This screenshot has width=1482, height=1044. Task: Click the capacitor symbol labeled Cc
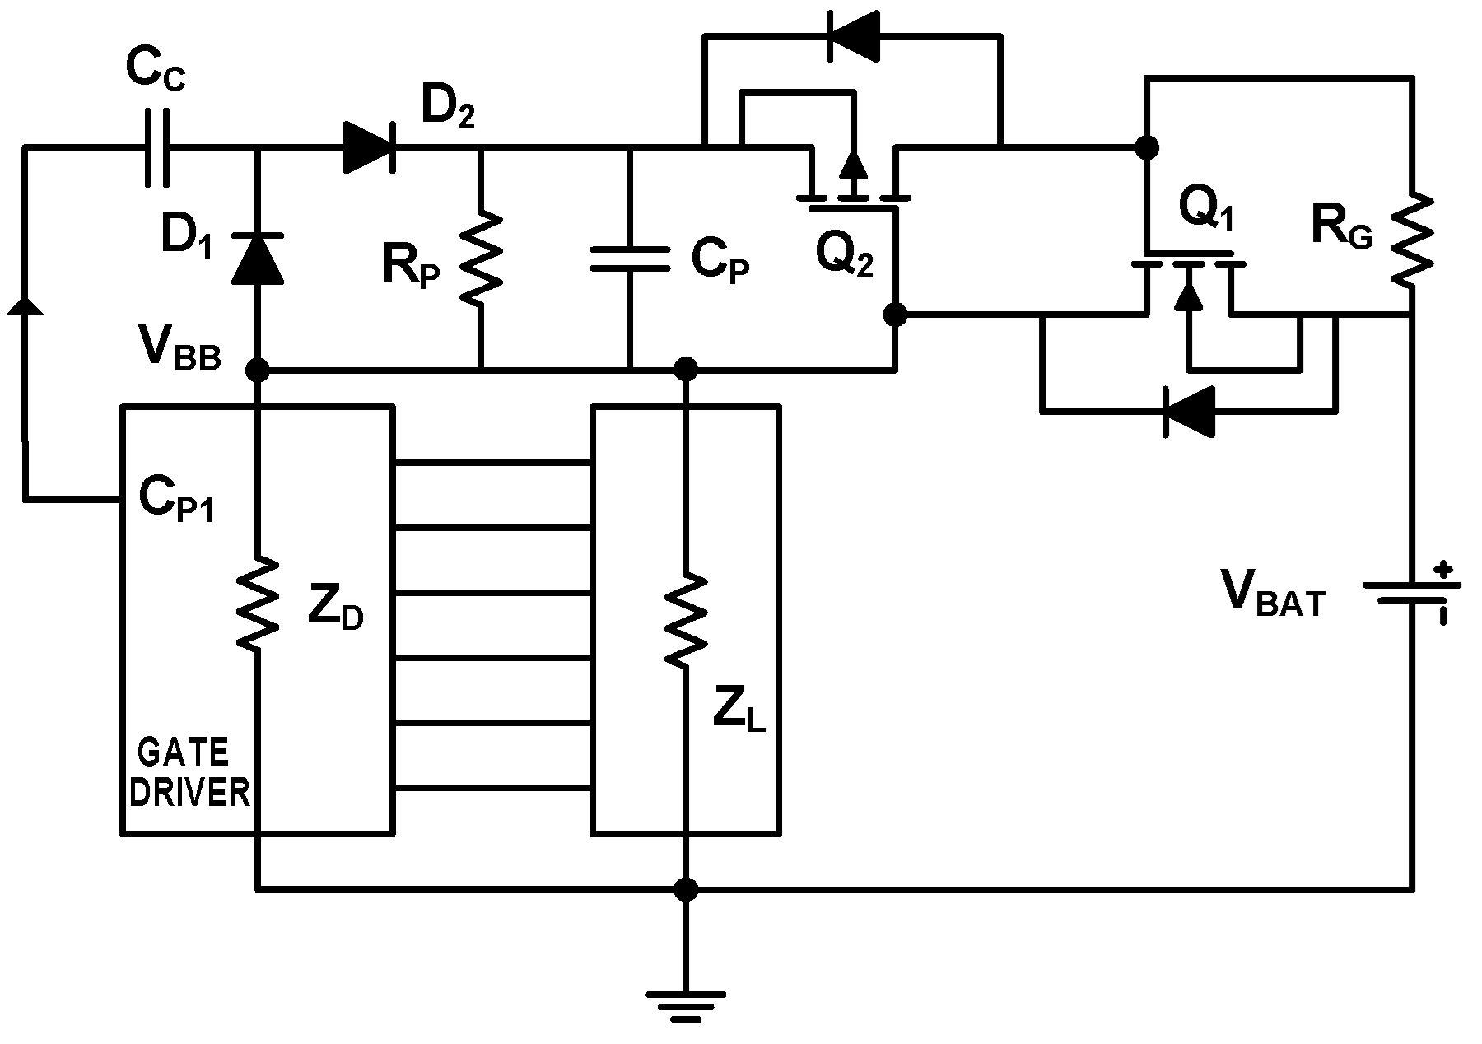(155, 147)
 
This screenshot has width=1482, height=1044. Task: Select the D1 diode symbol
(258, 258)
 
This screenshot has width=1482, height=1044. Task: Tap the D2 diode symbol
(369, 147)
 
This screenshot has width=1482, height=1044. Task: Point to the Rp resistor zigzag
(480, 257)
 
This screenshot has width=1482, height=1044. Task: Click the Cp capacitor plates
(630, 259)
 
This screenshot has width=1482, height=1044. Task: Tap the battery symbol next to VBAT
(1412, 593)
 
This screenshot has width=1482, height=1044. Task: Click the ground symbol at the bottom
(684, 1005)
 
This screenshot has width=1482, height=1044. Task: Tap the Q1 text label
(1206, 209)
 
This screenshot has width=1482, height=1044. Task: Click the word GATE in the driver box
(183, 753)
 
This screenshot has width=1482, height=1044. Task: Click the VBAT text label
(1274, 594)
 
